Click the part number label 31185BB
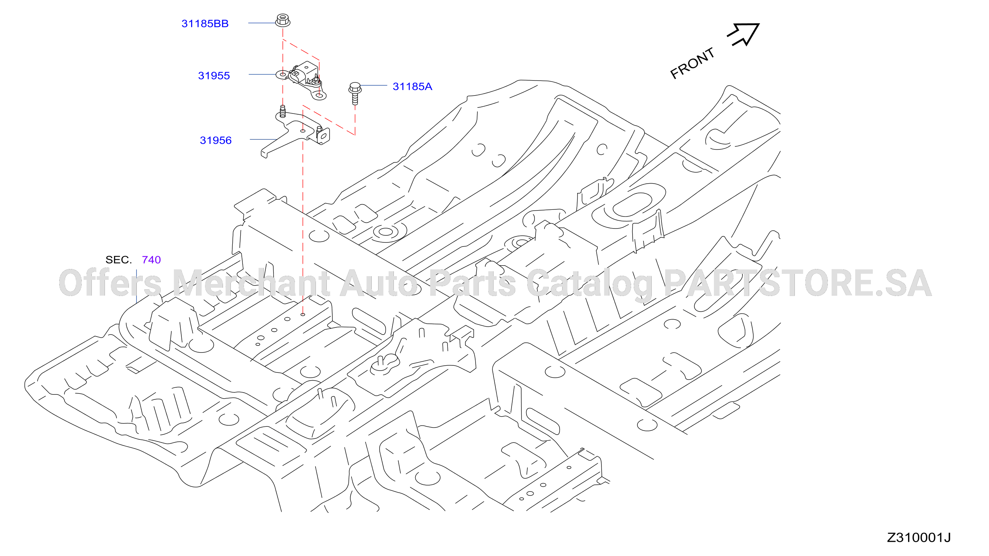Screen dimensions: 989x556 tap(205, 24)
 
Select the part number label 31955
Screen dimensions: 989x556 tap(214, 76)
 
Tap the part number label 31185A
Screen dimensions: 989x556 tap(412, 86)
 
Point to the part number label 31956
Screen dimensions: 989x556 tap(215, 140)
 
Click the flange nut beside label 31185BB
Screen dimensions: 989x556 tap(283, 20)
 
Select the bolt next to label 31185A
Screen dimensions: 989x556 tap(355, 93)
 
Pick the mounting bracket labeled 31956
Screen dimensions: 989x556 tap(295, 132)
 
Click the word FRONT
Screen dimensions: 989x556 tap(692, 63)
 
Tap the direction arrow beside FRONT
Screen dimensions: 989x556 tap(744, 34)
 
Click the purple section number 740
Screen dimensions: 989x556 tap(151, 260)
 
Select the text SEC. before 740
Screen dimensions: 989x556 tap(119, 260)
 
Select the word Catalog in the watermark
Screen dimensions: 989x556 tap(590, 284)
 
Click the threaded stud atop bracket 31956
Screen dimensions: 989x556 tap(283, 111)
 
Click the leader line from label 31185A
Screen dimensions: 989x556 tap(374, 85)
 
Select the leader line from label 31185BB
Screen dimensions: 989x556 tap(262, 23)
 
